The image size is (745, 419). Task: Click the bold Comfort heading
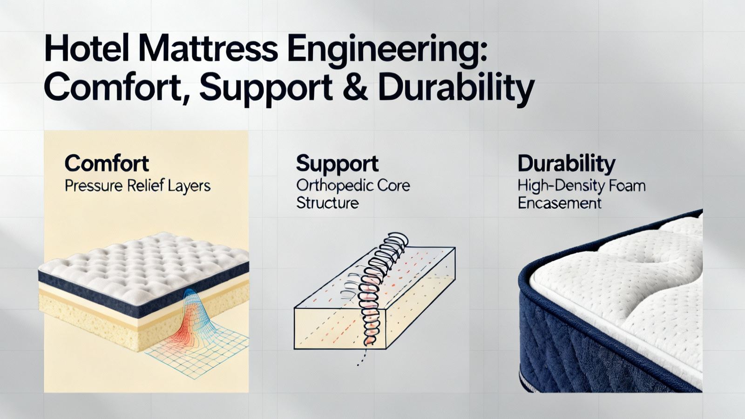pyautogui.click(x=107, y=163)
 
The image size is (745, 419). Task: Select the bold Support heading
pyautogui.click(x=337, y=164)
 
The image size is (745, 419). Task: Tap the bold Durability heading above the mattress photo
pyautogui.click(x=566, y=164)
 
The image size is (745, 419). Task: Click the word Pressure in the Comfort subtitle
pyautogui.click(x=94, y=186)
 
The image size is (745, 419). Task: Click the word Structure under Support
pyautogui.click(x=327, y=203)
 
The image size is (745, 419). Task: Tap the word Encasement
pyautogui.click(x=559, y=203)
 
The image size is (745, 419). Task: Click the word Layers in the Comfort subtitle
pyautogui.click(x=189, y=186)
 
